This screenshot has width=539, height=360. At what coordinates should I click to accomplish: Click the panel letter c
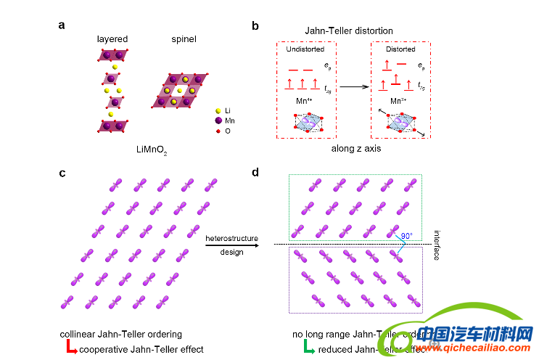pos(62,172)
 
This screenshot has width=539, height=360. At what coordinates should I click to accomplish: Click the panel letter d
pos(255,172)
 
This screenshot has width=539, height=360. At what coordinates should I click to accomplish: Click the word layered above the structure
pos(112,38)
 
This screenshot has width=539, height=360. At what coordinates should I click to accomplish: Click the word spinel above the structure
pos(184,38)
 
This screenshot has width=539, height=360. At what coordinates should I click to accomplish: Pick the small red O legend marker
pos(218,131)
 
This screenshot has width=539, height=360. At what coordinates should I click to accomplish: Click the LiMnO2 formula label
pos(151,152)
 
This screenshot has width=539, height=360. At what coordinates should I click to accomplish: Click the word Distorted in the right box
pos(400,49)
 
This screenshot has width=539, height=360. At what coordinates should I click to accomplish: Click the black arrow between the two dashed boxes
pos(355,86)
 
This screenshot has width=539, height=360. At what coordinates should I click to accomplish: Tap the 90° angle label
pos(406,235)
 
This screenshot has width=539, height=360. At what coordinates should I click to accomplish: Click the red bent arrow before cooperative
pos(71,349)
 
